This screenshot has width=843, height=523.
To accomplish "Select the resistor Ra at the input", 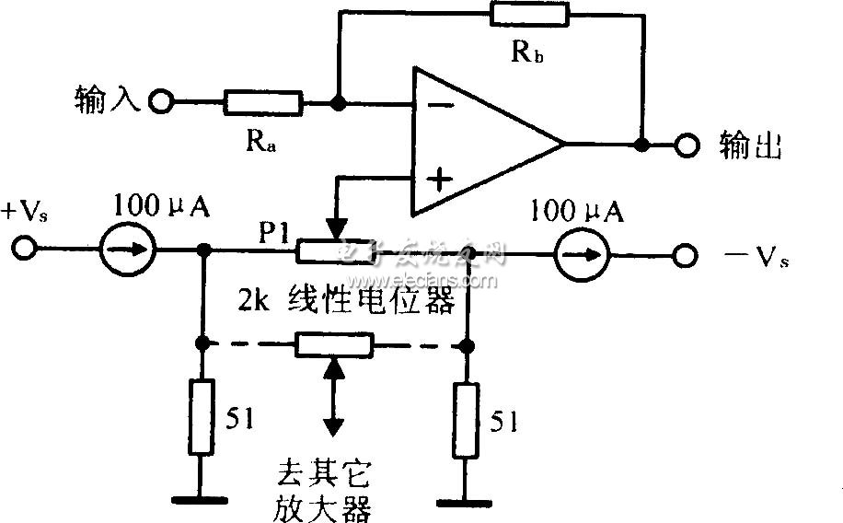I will click(262, 101).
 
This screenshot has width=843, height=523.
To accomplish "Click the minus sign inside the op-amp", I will click(440, 105).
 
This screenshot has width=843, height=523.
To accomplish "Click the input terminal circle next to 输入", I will click(162, 101).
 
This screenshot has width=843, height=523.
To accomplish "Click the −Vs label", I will click(746, 259).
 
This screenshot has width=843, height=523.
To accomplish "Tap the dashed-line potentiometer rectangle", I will click(334, 345).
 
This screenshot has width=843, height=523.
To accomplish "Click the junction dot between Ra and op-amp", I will click(339, 101).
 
